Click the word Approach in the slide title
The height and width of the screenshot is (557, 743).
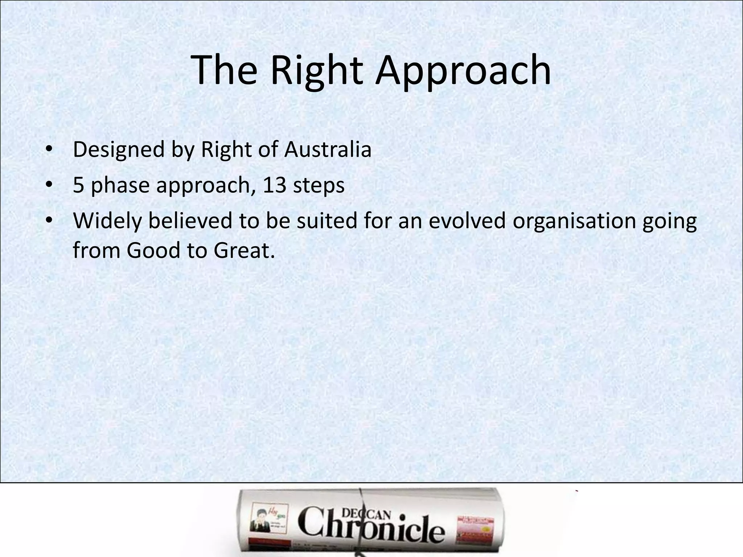(x=463, y=70)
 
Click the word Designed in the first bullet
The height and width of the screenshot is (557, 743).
(x=119, y=149)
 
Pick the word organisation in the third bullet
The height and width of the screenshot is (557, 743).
(x=574, y=221)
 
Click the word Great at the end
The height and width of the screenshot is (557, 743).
(x=244, y=250)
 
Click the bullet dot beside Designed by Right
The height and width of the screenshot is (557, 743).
(x=49, y=149)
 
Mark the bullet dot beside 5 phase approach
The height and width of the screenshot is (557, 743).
(x=49, y=185)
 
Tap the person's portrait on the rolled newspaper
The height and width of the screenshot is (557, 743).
(x=257, y=521)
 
